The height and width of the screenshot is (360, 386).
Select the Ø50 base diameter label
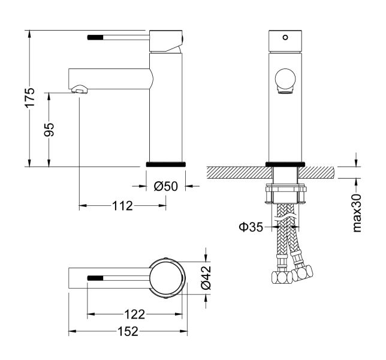pyautogui.click(x=166, y=186)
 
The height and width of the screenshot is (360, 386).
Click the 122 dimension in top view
pyautogui.click(x=135, y=314)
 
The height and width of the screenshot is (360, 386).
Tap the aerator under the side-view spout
pyautogui.click(x=80, y=91)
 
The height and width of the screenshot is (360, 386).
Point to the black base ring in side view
pyautogui.click(x=167, y=163)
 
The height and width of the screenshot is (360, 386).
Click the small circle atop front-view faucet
pyautogui.click(x=285, y=37)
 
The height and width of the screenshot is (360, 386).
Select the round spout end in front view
pyautogui.click(x=285, y=79)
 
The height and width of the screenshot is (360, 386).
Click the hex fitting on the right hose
pyautogui.click(x=301, y=274)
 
